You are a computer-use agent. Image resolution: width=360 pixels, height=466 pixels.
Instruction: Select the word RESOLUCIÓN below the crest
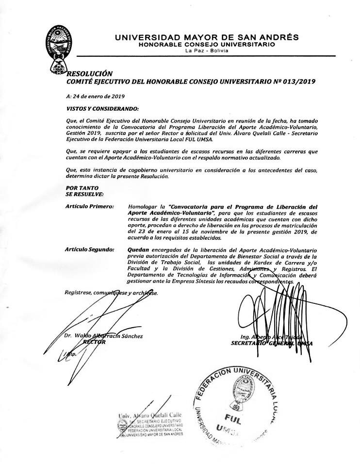85,74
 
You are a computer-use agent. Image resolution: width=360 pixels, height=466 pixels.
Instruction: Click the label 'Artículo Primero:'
89,207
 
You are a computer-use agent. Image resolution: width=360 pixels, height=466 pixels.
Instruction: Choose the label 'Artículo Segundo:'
90,250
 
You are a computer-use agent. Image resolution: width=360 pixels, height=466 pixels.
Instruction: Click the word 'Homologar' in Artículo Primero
144,207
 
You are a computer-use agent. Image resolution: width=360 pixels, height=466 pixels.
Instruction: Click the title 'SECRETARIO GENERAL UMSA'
272,343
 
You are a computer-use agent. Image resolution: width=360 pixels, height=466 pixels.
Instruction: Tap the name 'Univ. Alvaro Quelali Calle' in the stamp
149,416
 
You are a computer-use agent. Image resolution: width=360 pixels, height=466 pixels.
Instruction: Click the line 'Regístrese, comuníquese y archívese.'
111,293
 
